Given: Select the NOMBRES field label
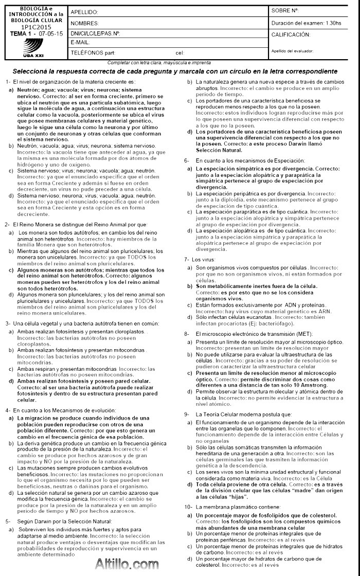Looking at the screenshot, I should [84, 24].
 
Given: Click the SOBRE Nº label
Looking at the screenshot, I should [285, 10].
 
